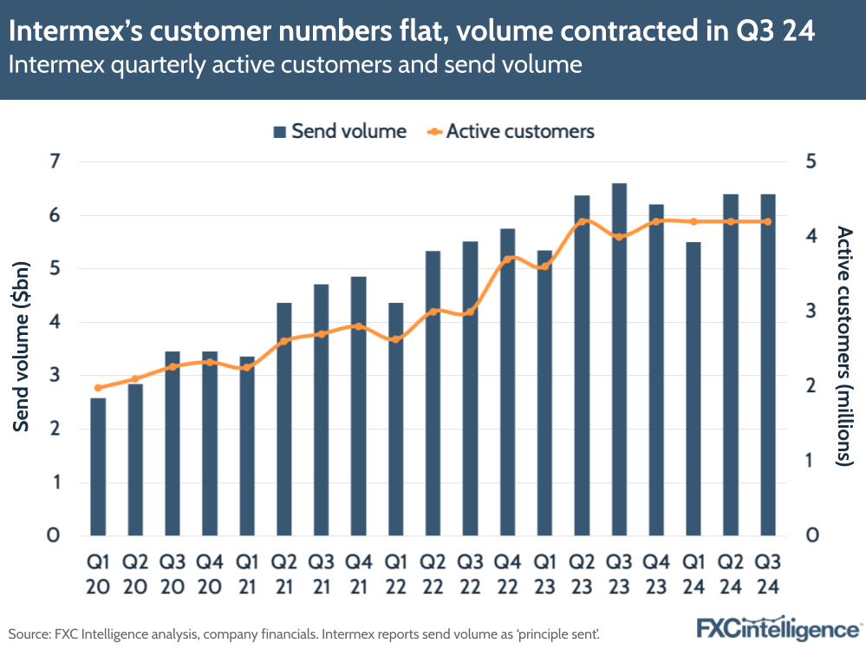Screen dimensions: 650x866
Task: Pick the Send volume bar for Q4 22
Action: pos(507,382)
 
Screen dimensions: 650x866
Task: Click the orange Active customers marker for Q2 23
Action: pos(582,221)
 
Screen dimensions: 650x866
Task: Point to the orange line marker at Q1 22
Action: pos(395,339)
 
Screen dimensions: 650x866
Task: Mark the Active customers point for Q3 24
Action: pos(767,221)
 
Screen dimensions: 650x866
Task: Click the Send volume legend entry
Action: pos(340,132)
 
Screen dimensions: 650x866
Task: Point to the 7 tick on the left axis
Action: pos(54,161)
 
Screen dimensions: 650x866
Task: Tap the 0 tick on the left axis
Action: pos(54,535)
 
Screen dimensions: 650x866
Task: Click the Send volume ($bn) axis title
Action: pos(23,347)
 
